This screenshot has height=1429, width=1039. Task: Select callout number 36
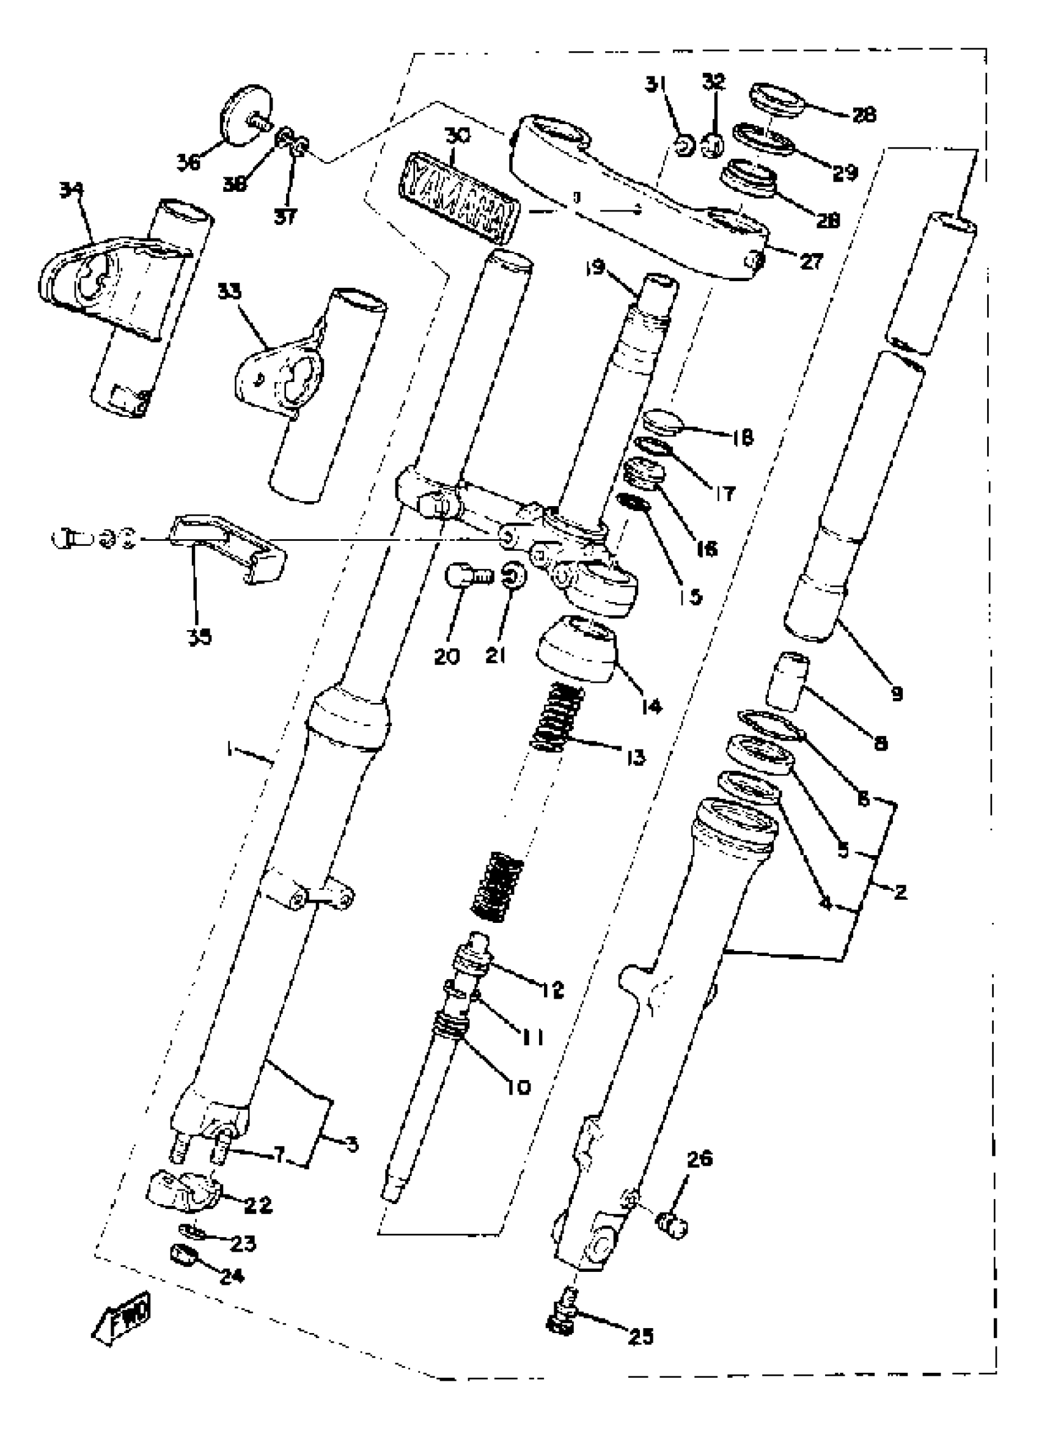188,162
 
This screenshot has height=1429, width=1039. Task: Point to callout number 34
71,189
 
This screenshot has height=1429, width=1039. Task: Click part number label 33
229,291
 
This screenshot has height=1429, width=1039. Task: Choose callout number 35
199,636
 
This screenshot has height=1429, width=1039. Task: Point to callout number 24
231,1276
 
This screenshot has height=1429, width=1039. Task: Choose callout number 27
812,260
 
